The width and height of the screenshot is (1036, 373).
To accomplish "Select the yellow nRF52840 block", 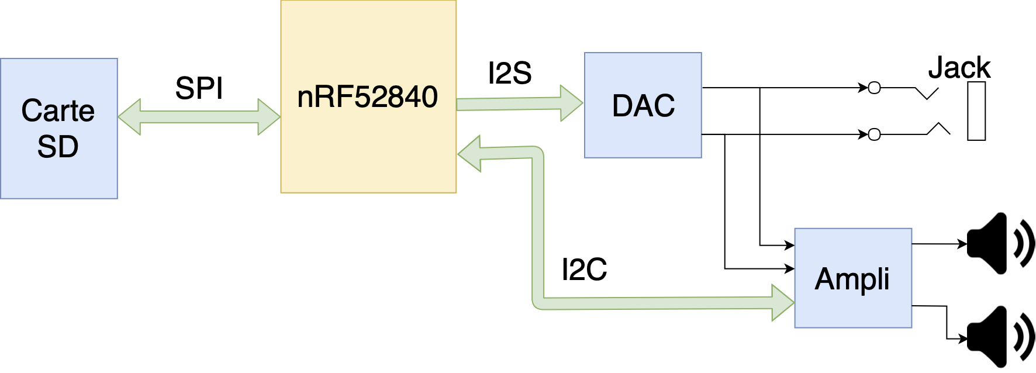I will click(368, 152).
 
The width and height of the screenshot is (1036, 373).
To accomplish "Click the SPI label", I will click(199, 89).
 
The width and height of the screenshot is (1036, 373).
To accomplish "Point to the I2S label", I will click(510, 74).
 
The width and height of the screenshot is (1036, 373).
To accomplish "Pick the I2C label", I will click(584, 270).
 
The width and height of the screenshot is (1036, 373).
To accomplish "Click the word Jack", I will click(959, 68).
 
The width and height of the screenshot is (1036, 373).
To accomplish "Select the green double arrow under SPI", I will click(199, 116).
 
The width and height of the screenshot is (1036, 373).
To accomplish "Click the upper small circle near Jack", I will click(874, 88).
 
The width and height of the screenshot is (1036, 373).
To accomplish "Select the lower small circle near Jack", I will click(874, 134).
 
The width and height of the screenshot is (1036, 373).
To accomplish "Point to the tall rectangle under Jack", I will click(976, 111).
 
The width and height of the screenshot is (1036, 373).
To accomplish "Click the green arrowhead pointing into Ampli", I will click(782, 302).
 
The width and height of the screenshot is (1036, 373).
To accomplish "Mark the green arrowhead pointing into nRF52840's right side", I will click(470, 154).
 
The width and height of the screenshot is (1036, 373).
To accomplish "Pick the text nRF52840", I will click(367, 97).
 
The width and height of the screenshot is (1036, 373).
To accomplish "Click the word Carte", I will click(58, 110).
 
